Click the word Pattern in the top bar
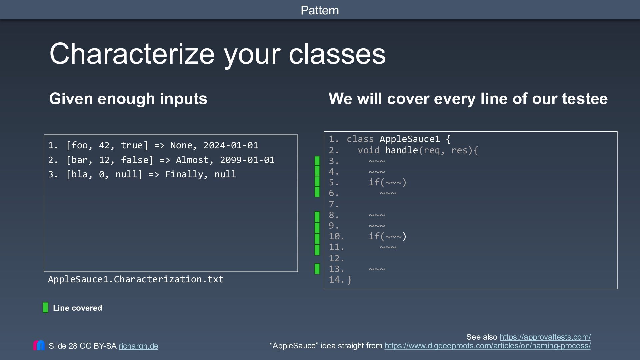pos(320,10)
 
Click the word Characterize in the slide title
pos(132,54)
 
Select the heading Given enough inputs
pos(128,99)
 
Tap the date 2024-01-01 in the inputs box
pos(231,145)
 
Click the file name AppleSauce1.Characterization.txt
pos(136,279)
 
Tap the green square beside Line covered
pos(46,307)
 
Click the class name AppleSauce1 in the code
pos(410,139)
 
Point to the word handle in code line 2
pos(402,150)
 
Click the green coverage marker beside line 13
pos(317,269)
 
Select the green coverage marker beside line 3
pos(317,161)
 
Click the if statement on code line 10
pos(388,236)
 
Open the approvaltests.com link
pos(545,337)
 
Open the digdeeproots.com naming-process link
pos(488,346)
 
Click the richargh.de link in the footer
pos(138,346)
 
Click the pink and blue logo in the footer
pos(39,345)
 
